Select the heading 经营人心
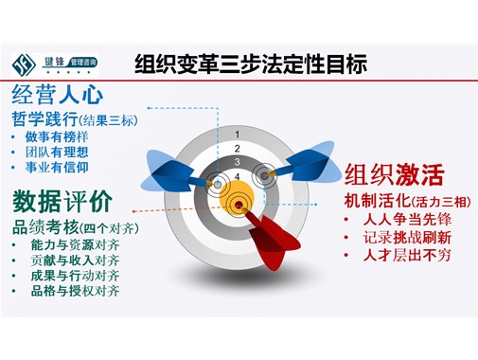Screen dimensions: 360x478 (x=58, y=96)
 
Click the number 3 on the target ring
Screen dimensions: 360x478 (x=236, y=161)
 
